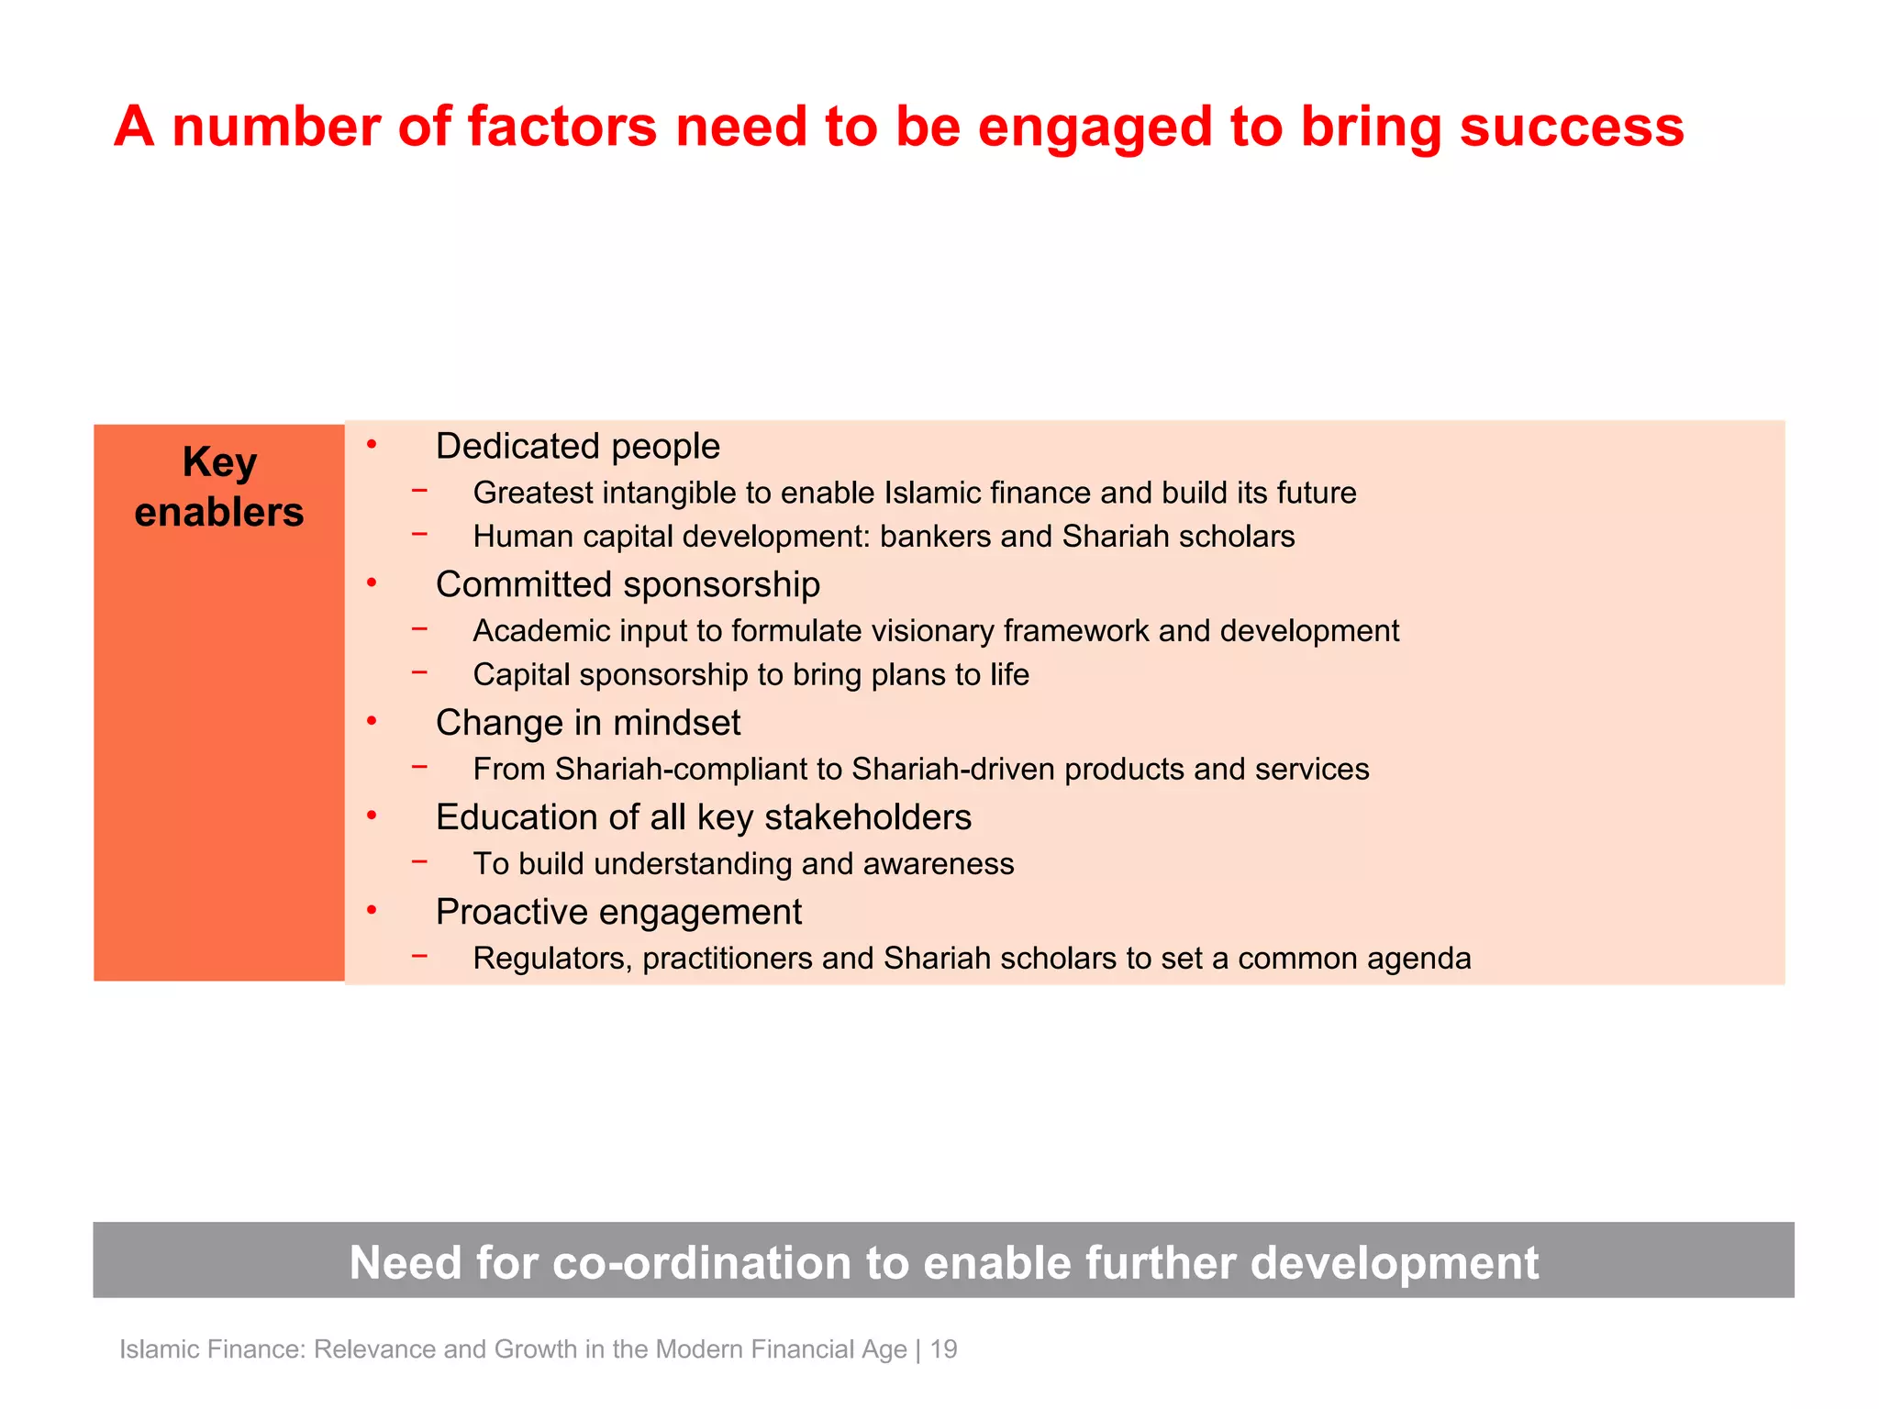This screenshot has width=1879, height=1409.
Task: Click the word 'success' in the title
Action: click(x=1571, y=127)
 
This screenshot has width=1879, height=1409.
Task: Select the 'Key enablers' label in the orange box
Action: click(x=218, y=487)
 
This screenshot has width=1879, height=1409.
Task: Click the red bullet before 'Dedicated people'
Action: click(x=372, y=446)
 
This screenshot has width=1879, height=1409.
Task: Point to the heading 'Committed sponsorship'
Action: click(x=628, y=584)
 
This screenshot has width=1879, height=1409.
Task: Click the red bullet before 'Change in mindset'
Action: click(x=372, y=722)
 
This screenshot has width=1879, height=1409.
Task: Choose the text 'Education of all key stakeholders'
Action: click(x=703, y=817)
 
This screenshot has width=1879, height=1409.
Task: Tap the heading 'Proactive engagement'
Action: click(x=618, y=912)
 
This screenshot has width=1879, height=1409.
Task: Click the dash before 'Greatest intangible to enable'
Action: click(x=419, y=491)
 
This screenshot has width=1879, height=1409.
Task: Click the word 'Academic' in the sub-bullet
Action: click(x=541, y=631)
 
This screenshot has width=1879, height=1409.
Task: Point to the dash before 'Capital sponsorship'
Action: click(x=419, y=672)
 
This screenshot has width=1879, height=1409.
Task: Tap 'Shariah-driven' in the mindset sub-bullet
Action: click(x=952, y=769)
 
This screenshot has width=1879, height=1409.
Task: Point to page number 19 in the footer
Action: click(x=943, y=1349)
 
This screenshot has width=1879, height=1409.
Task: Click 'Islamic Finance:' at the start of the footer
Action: click(x=212, y=1349)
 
